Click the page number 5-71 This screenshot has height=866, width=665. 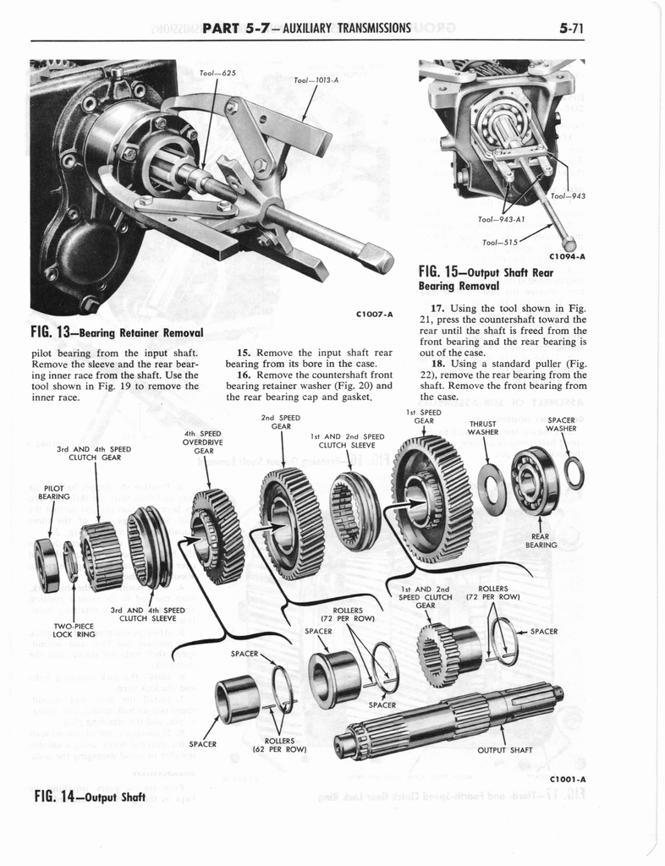coord(573,27)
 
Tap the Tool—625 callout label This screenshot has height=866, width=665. coord(217,73)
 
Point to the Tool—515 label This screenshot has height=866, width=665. coord(501,242)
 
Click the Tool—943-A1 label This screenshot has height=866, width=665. coord(502,219)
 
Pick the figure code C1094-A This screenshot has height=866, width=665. coord(568,256)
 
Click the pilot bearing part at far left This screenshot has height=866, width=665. coord(46,564)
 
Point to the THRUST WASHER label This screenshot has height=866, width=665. coord(483,428)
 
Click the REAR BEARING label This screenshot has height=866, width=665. coord(541,540)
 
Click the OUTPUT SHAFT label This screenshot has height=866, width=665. coord(504,748)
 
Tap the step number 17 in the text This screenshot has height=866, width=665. coord(437,308)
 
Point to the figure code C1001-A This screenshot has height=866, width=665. coord(568,779)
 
